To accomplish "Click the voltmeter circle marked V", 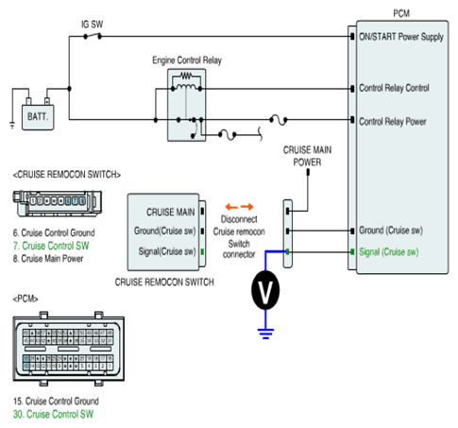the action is click(x=265, y=290).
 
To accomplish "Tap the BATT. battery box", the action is click(x=38, y=117).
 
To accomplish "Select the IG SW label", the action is click(x=92, y=25).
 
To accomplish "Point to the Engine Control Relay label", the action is click(x=187, y=60).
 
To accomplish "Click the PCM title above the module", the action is click(x=401, y=13).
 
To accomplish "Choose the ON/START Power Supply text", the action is click(x=401, y=37).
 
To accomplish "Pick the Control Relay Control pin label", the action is click(x=394, y=88).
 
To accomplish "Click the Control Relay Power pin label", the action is click(x=393, y=122).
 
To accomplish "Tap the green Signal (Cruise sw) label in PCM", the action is click(x=389, y=252).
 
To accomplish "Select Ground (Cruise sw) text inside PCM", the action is click(x=391, y=231).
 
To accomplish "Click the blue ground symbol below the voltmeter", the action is click(x=265, y=334).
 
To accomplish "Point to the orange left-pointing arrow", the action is click(x=231, y=207).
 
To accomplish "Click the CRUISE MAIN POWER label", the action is click(x=307, y=156).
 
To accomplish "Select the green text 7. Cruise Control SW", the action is click(x=51, y=246).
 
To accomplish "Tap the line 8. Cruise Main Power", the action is click(x=48, y=259).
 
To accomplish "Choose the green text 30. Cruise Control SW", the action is click(x=53, y=414).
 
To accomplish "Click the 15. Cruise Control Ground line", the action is click(x=56, y=402).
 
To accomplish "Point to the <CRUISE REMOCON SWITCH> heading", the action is click(x=67, y=175).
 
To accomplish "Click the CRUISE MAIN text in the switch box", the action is click(x=171, y=213).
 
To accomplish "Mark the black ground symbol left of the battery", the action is click(x=12, y=126).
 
